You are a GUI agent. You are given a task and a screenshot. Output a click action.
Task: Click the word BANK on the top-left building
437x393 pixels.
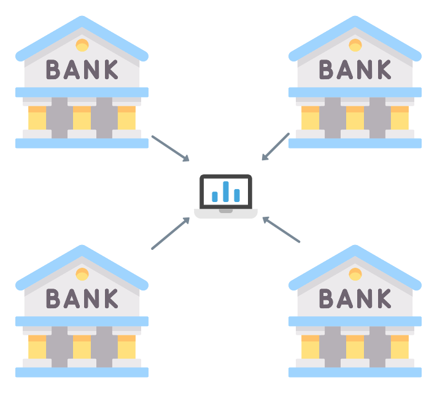(x=82, y=69)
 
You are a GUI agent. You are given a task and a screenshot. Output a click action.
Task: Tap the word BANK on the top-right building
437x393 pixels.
(x=355, y=69)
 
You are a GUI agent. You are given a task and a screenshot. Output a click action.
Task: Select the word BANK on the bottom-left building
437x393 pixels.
(x=82, y=298)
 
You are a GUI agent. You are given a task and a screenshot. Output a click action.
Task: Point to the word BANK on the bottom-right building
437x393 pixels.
(x=355, y=298)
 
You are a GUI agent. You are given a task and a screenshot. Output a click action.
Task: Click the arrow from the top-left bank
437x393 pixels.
(x=170, y=149)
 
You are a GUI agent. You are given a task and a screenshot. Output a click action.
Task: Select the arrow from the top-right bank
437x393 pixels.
(x=276, y=147)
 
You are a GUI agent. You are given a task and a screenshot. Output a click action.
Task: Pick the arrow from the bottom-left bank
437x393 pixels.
(x=170, y=233)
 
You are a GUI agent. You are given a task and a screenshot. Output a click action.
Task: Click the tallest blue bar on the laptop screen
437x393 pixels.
(x=226, y=191)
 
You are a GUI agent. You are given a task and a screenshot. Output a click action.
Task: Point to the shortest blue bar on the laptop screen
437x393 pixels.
(x=215, y=196)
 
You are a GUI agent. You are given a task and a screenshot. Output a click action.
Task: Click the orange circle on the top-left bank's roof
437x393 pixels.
(x=82, y=45)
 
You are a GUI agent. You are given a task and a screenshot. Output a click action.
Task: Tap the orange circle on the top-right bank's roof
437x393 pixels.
(x=355, y=45)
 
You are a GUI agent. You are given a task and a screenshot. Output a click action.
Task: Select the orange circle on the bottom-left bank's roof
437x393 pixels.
(x=82, y=274)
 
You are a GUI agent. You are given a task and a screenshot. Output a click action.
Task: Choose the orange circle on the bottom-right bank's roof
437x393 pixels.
(x=355, y=274)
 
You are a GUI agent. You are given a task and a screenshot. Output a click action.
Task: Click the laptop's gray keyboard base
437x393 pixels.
(x=226, y=214)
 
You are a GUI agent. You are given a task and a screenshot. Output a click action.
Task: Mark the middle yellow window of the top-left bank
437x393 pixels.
(x=82, y=119)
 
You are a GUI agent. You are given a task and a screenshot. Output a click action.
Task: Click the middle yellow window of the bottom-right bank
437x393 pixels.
(x=355, y=348)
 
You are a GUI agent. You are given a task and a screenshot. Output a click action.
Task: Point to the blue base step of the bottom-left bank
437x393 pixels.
(x=82, y=372)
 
